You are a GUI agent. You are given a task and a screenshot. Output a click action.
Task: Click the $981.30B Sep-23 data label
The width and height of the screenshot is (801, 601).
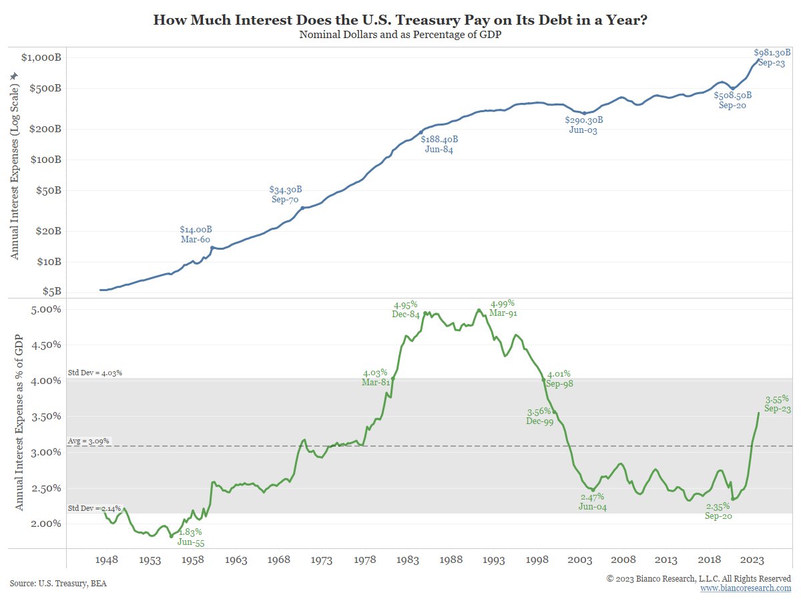coord(772,57)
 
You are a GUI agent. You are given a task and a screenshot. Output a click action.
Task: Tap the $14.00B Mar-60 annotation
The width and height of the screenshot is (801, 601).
coord(196,234)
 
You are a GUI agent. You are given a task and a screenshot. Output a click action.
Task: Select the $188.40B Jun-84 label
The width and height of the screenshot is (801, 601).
coord(439,144)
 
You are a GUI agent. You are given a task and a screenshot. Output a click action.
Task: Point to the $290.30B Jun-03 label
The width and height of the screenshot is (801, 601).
coord(583,126)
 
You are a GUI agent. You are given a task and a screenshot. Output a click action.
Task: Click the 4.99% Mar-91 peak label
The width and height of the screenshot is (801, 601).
coord(503,308)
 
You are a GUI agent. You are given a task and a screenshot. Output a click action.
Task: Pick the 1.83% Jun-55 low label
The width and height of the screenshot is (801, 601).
coord(191,538)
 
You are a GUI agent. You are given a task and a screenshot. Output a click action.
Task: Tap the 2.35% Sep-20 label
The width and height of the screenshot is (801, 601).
coord(723,511)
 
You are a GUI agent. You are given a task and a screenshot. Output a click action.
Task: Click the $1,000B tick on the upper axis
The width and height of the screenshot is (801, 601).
coord(41,57)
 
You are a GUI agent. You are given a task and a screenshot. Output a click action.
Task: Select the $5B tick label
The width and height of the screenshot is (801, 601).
coord(52,291)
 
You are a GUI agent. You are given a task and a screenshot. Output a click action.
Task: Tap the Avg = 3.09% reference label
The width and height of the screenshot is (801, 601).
coord(89,441)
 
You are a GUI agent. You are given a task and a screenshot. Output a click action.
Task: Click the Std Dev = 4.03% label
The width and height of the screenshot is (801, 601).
coord(95,373)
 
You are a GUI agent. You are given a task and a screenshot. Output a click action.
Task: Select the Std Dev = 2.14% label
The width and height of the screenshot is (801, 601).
coord(95,508)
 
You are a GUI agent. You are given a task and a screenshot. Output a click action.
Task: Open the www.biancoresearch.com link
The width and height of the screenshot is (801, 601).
coord(746,588)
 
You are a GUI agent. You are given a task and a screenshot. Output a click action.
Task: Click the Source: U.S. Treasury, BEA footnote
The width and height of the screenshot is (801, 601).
coord(58,583)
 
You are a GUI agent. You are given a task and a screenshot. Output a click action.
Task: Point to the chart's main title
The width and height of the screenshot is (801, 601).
coord(400,19)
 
